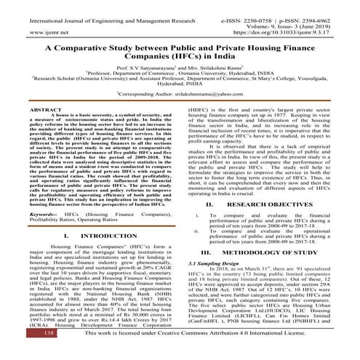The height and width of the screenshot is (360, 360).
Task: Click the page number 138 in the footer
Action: pyautogui.click(x=17, y=352)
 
